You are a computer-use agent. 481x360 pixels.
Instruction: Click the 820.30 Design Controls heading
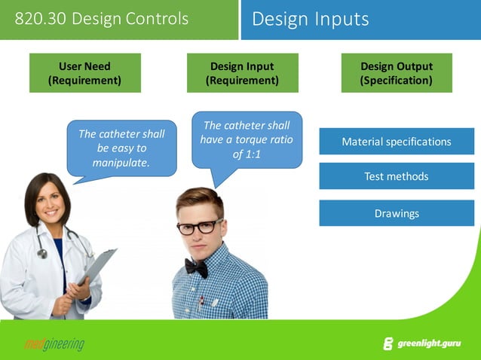(102, 18)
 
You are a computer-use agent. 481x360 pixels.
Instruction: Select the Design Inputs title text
(311, 19)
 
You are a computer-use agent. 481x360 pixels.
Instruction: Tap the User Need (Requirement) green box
(84, 73)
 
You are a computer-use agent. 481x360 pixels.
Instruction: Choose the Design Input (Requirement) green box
(242, 73)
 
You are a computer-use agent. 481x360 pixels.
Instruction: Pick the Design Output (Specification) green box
(397, 73)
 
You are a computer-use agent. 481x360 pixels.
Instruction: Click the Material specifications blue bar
(397, 142)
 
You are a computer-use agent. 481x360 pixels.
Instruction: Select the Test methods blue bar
(397, 176)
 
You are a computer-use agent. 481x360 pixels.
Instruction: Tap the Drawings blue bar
(397, 213)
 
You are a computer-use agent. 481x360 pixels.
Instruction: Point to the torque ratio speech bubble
(247, 140)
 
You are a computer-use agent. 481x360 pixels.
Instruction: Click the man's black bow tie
(197, 267)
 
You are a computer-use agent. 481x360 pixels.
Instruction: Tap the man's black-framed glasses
(199, 226)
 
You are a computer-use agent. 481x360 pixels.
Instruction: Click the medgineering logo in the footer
(54, 345)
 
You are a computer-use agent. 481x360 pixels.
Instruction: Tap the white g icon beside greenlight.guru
(388, 344)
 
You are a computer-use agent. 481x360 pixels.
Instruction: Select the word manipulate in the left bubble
(121, 162)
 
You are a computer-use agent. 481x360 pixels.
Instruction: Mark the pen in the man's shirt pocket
(201, 302)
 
